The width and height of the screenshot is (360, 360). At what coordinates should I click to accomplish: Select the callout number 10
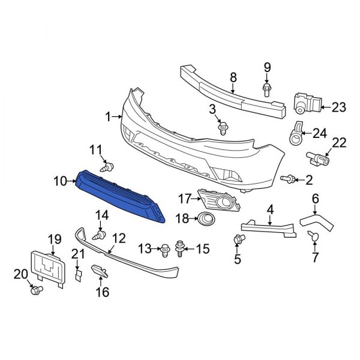pyautogui.click(x=61, y=180)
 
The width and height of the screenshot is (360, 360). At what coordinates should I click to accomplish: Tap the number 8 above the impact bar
pyautogui.click(x=233, y=76)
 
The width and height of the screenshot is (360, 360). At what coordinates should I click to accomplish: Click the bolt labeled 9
pyautogui.click(x=267, y=90)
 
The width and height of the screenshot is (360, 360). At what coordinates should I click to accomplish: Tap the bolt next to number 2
pyautogui.click(x=289, y=178)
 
